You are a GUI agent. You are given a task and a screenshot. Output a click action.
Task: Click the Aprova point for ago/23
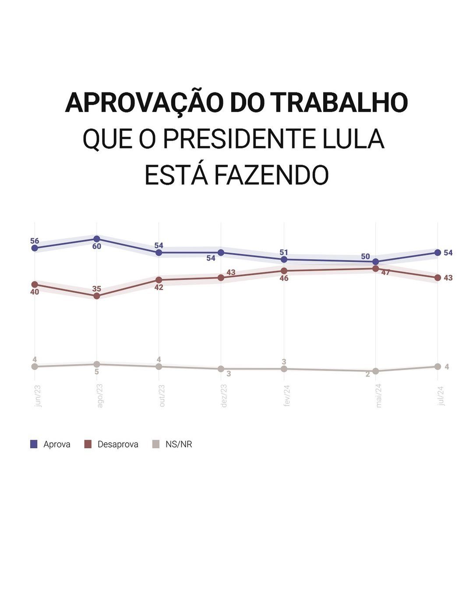[x=97, y=239]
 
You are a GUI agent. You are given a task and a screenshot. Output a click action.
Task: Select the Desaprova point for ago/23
[x=97, y=296]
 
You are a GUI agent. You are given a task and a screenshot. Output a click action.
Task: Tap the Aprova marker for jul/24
[x=438, y=252]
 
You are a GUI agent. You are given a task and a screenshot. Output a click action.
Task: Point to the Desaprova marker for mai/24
[x=375, y=269]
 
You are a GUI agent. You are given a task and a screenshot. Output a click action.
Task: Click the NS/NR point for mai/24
[x=375, y=371]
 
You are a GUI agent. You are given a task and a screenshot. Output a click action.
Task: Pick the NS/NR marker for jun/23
[x=35, y=366]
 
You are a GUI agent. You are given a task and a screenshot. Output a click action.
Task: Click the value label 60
[x=97, y=246]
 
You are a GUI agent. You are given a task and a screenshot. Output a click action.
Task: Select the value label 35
[x=97, y=289]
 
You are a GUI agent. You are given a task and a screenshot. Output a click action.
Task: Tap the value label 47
[x=385, y=273]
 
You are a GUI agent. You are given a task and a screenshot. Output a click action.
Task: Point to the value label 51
[x=284, y=252]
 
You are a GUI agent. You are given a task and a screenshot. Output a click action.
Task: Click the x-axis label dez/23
[x=224, y=396]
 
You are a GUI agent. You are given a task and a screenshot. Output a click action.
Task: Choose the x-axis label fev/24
[x=287, y=396]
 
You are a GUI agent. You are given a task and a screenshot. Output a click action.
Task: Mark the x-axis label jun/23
[x=38, y=396]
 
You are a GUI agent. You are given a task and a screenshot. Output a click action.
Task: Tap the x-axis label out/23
[x=162, y=396]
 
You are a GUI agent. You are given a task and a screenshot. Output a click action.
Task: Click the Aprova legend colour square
[x=34, y=444]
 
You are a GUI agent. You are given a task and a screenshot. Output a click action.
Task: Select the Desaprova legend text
[x=118, y=444]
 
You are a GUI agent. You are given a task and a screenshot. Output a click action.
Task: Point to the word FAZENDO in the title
[x=271, y=175]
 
